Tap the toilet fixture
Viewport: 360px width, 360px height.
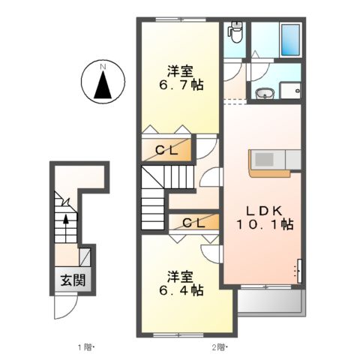click(235, 31)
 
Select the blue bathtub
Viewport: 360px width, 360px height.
click(289, 40)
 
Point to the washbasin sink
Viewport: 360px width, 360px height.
click(263, 93)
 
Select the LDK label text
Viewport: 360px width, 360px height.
click(263, 210)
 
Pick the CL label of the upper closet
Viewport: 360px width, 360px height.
click(166, 150)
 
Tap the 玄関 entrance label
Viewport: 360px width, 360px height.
click(73, 282)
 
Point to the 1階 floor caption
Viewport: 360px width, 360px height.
click(83, 347)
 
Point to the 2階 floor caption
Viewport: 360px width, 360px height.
click(218, 347)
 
